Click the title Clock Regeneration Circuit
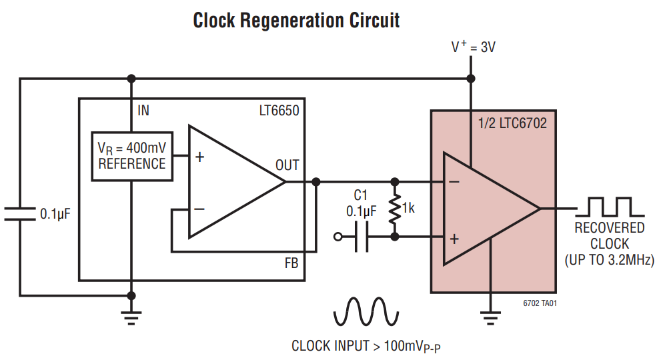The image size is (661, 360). click(x=296, y=20)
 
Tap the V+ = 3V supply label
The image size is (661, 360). click(x=473, y=47)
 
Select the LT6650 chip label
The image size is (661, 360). click(x=279, y=111)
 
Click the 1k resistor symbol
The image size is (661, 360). click(x=396, y=208)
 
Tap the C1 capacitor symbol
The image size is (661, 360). click(x=361, y=237)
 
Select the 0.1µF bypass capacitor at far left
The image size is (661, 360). click(x=20, y=213)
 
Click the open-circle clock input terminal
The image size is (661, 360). click(x=338, y=237)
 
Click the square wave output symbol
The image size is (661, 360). click(x=610, y=207)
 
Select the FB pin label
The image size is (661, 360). click(x=291, y=263)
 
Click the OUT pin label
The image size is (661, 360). click(x=287, y=165)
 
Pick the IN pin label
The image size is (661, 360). click(x=143, y=111)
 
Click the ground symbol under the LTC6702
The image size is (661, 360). click(x=491, y=316)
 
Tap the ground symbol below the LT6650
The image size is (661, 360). click(x=131, y=316)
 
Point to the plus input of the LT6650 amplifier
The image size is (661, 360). click(x=199, y=157)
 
